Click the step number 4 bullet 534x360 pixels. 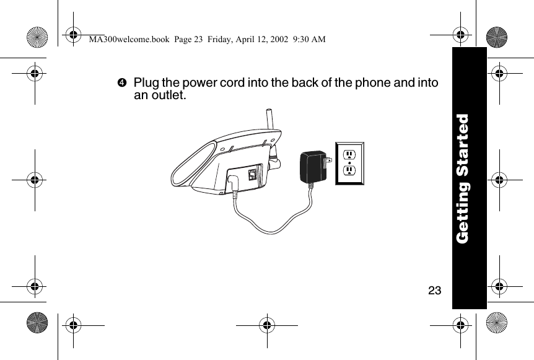point(121,83)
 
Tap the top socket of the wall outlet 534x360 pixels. point(349,154)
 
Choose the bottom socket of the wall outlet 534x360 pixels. point(349,171)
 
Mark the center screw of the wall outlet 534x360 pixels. point(349,163)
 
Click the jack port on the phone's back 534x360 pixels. point(252,174)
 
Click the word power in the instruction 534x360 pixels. point(205,83)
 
